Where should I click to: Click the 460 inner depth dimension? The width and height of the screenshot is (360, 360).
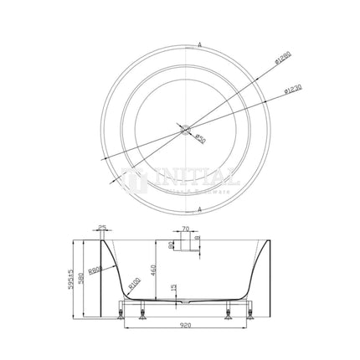157,269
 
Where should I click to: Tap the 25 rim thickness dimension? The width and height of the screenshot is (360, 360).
101,229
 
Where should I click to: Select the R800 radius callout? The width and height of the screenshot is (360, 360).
120,270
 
